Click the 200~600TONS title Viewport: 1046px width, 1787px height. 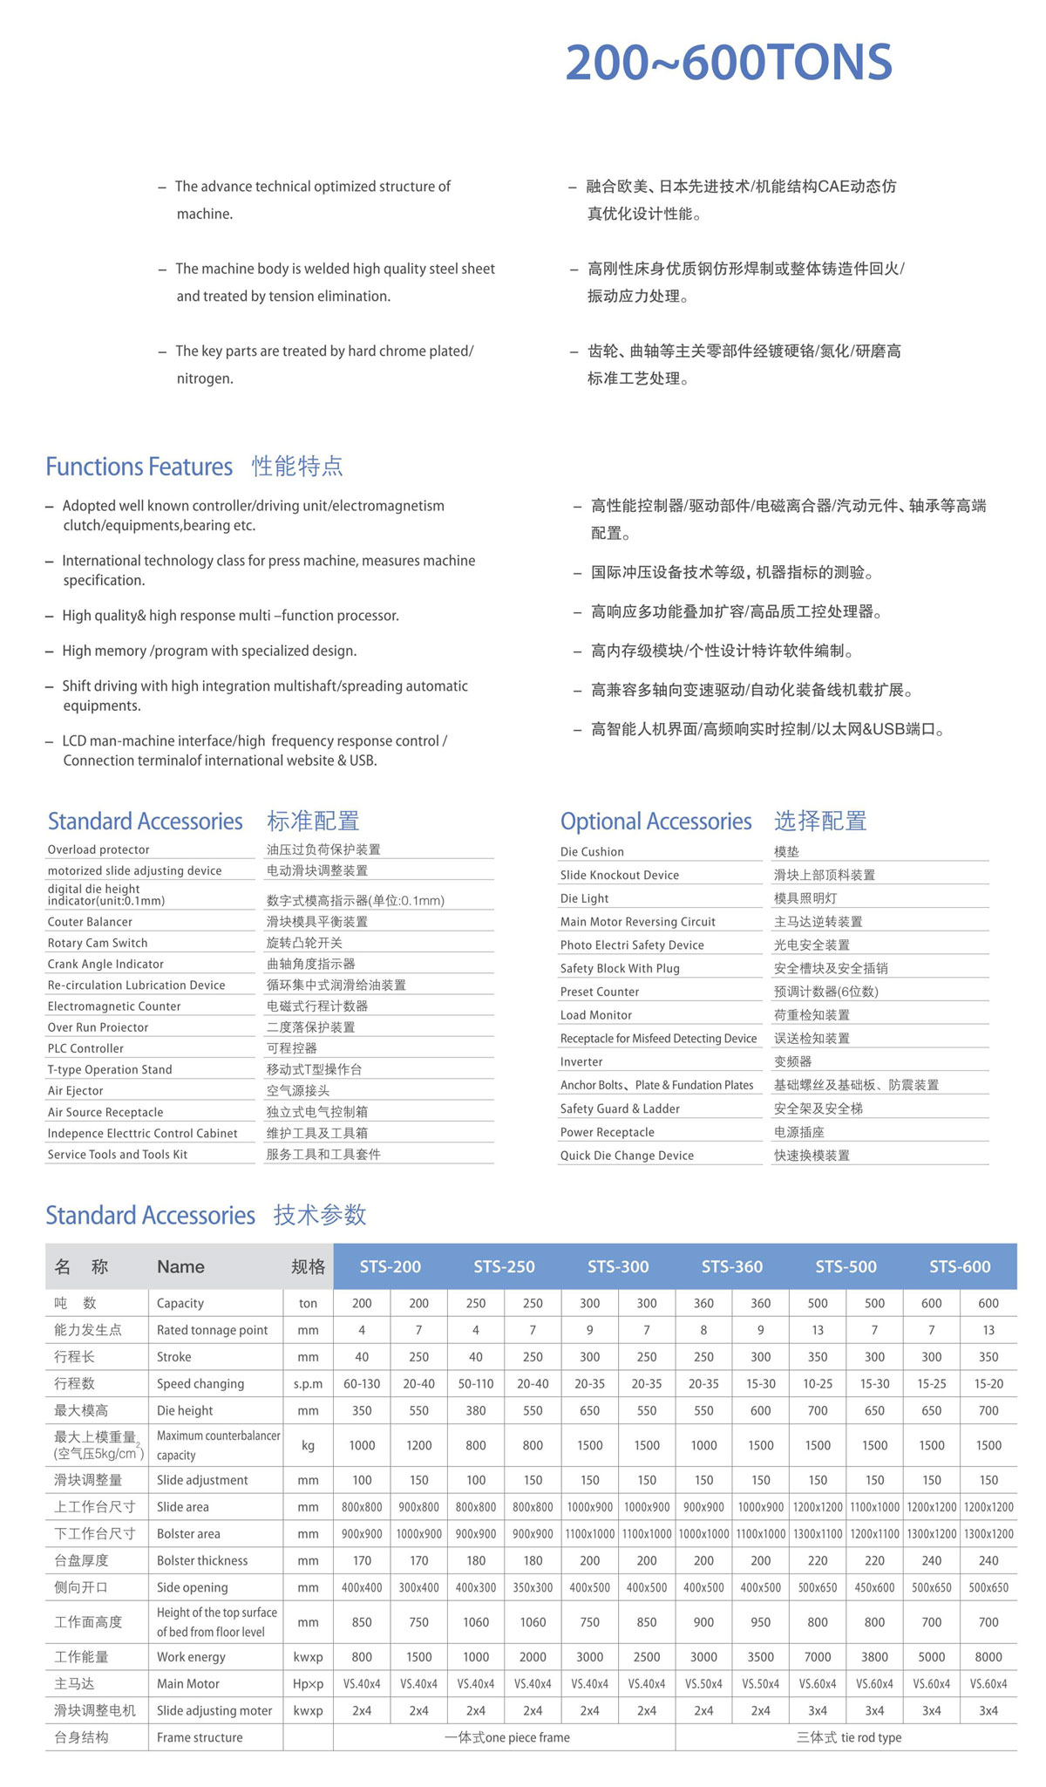point(729,63)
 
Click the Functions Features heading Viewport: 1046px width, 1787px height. point(139,467)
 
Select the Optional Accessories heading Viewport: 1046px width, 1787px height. point(655,822)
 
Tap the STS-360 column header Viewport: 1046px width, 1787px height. point(731,1266)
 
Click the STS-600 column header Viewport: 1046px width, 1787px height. point(959,1266)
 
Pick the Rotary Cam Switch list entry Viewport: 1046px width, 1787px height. point(98,943)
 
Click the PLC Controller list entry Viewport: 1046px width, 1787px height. point(85,1048)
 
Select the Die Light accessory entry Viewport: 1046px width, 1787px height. point(584,898)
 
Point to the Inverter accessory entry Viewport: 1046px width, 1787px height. point(581,1061)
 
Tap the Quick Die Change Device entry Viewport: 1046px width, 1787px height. point(627,1156)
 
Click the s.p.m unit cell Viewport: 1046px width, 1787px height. point(308,1384)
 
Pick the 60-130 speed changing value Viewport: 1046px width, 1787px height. point(362,1384)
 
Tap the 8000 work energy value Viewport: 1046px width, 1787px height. point(988,1656)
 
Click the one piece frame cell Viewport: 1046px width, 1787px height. point(506,1737)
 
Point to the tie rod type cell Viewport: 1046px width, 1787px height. point(848,1737)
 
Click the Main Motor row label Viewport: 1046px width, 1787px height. point(188,1683)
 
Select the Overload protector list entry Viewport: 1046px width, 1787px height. point(98,849)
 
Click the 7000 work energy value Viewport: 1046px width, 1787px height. point(817,1656)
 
